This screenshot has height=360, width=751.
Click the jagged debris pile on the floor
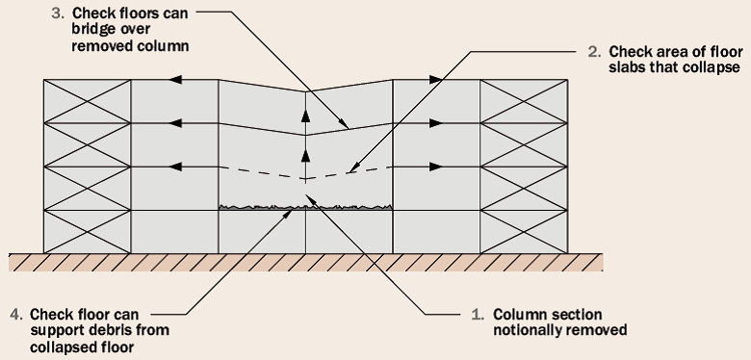(x=305, y=205)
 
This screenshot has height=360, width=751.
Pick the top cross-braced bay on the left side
(x=87, y=101)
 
